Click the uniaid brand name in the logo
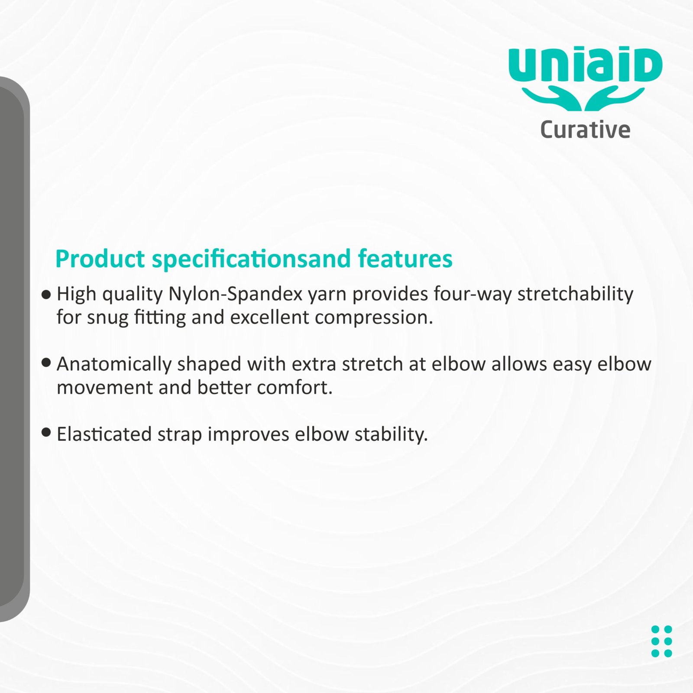586,66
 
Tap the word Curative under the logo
585,130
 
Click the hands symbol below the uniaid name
583,99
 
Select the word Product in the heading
100,259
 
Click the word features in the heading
405,259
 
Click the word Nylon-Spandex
235,295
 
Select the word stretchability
576,295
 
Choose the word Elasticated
104,434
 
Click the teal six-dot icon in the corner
661,641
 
